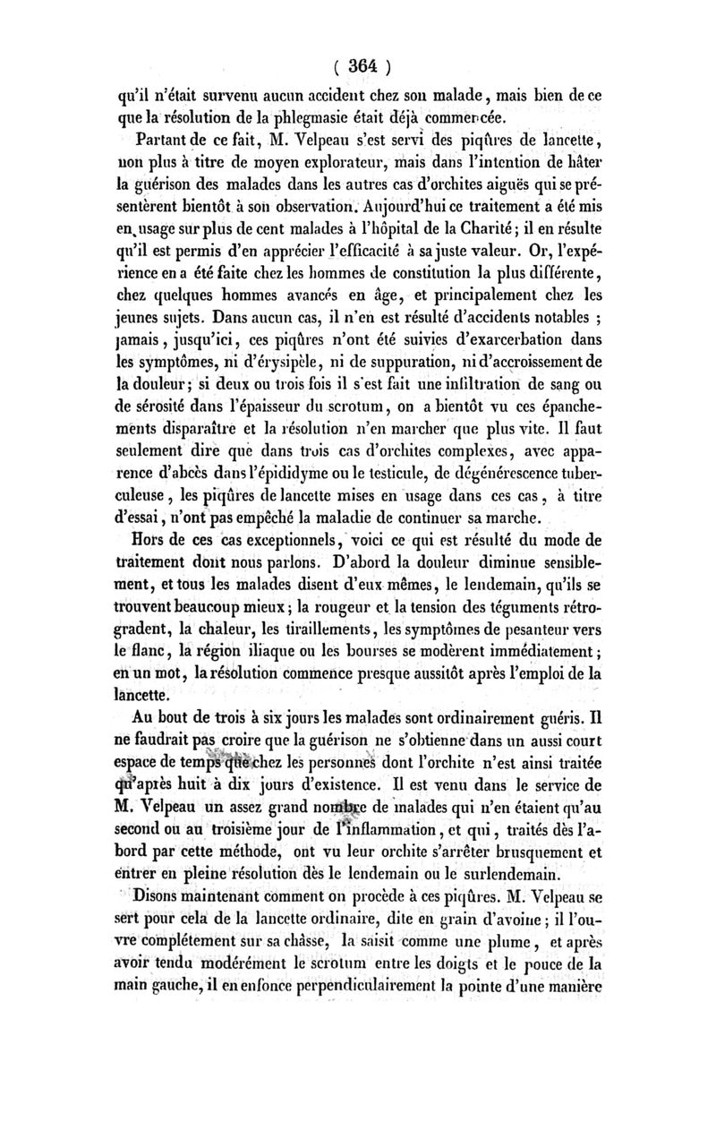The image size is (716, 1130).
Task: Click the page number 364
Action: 359,65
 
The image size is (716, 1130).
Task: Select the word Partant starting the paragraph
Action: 163,141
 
